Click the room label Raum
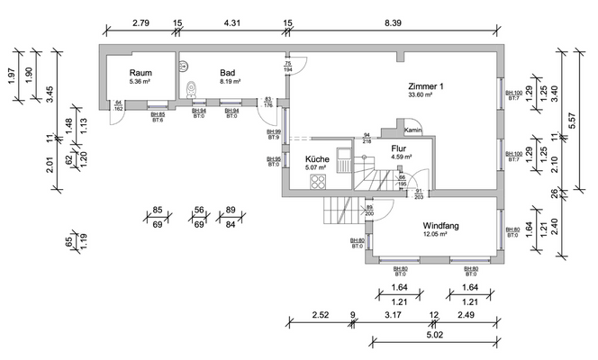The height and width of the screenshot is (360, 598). [140, 72]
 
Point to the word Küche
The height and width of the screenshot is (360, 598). [317, 158]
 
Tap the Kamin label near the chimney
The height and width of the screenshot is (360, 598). [413, 130]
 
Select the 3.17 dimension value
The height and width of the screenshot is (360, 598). [394, 314]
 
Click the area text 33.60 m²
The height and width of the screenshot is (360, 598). [421, 94]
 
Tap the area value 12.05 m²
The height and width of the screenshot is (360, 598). [441, 235]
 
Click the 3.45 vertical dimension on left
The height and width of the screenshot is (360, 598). [51, 91]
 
